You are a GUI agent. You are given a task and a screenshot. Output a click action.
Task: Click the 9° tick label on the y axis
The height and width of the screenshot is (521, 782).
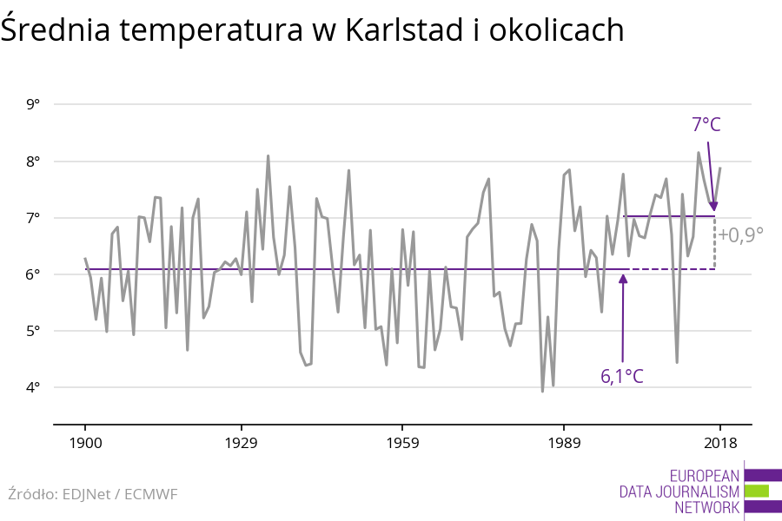(34, 105)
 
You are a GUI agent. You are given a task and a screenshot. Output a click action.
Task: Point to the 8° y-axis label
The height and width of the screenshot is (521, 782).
(34, 162)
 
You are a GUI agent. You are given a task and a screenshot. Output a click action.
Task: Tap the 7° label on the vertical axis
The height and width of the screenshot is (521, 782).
(34, 218)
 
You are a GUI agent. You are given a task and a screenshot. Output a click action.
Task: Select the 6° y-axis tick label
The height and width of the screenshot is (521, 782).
(34, 274)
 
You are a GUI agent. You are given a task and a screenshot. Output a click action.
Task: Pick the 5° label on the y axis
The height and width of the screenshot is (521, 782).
(34, 331)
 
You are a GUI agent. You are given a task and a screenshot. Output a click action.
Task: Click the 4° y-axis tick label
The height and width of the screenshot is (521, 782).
(34, 387)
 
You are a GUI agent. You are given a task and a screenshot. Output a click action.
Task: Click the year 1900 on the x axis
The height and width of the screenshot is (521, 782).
(85, 443)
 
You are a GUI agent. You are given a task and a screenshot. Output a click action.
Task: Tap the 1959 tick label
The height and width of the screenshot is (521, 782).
(401, 443)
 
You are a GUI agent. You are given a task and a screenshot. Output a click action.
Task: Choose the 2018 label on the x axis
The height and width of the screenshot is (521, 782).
(719, 443)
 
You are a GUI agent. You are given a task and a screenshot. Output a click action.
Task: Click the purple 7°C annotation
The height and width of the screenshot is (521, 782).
(706, 125)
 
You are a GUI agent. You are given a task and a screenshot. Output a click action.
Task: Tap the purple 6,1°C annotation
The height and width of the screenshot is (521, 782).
(622, 377)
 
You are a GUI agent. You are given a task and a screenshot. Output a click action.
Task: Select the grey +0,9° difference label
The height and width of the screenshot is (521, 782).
(740, 234)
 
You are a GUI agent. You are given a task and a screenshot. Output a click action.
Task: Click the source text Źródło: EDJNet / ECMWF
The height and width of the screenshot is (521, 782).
(92, 494)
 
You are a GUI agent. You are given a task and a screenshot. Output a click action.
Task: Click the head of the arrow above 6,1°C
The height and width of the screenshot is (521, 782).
(623, 277)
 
